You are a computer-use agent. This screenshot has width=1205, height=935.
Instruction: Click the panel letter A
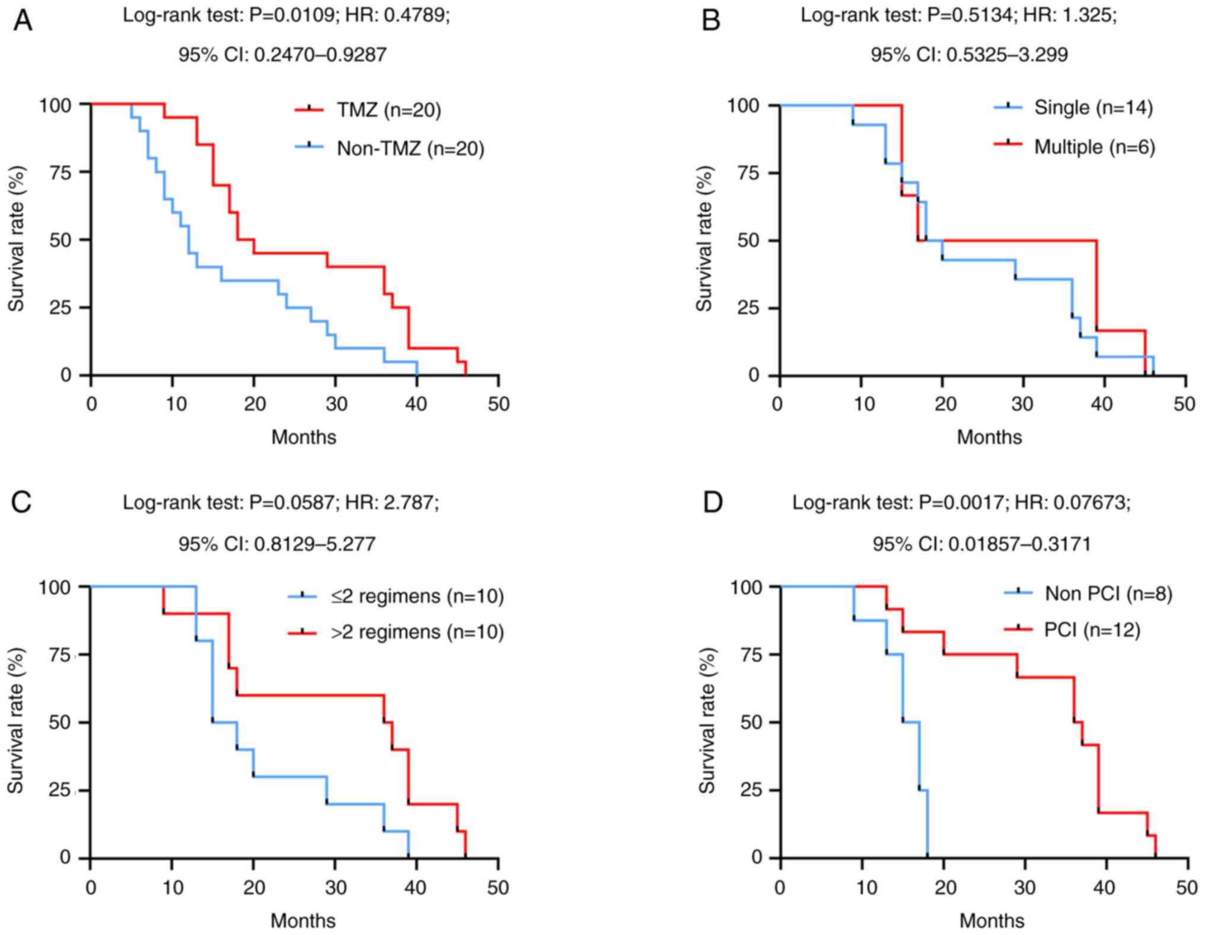pos(22,20)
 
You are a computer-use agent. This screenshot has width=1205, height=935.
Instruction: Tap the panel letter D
pos(712,503)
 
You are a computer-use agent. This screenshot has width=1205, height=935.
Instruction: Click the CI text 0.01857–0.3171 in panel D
pos(1019,544)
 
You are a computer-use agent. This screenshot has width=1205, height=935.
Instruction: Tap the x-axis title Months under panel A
pos(304,438)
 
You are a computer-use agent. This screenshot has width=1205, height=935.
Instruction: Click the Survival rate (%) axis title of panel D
pos(706,720)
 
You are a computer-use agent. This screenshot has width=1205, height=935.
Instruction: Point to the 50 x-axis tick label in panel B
pos(1184,404)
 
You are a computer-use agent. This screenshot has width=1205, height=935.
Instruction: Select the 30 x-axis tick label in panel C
pos(335,888)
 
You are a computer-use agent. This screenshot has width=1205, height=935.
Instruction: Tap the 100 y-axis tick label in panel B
pos(744,106)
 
